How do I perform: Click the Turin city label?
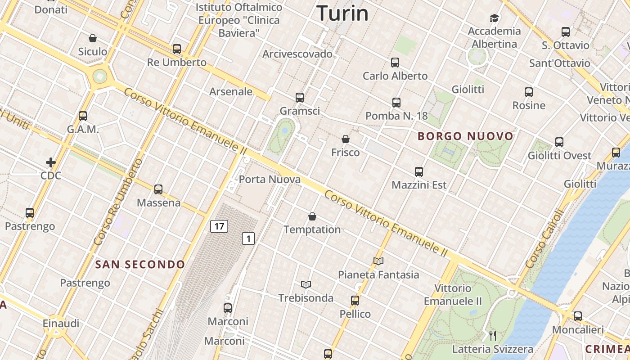click(342, 13)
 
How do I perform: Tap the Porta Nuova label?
click(270, 180)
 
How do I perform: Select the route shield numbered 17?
click(219, 226)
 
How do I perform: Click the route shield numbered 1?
click(248, 238)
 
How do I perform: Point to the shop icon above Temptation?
click(312, 217)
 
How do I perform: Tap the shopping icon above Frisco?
click(346, 139)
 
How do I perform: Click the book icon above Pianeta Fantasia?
click(378, 261)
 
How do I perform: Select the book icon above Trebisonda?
click(306, 284)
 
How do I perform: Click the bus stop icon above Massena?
click(158, 189)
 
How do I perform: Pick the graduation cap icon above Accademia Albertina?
click(495, 18)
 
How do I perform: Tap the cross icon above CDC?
click(51, 162)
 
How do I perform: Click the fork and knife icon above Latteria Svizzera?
click(493, 335)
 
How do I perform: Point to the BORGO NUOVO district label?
click(466, 136)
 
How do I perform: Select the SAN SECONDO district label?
click(140, 265)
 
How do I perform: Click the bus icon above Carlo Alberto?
click(395, 63)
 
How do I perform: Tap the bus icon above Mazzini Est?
click(419, 172)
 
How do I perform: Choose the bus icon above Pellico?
click(355, 301)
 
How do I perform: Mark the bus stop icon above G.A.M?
click(83, 116)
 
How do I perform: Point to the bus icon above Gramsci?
click(300, 97)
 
